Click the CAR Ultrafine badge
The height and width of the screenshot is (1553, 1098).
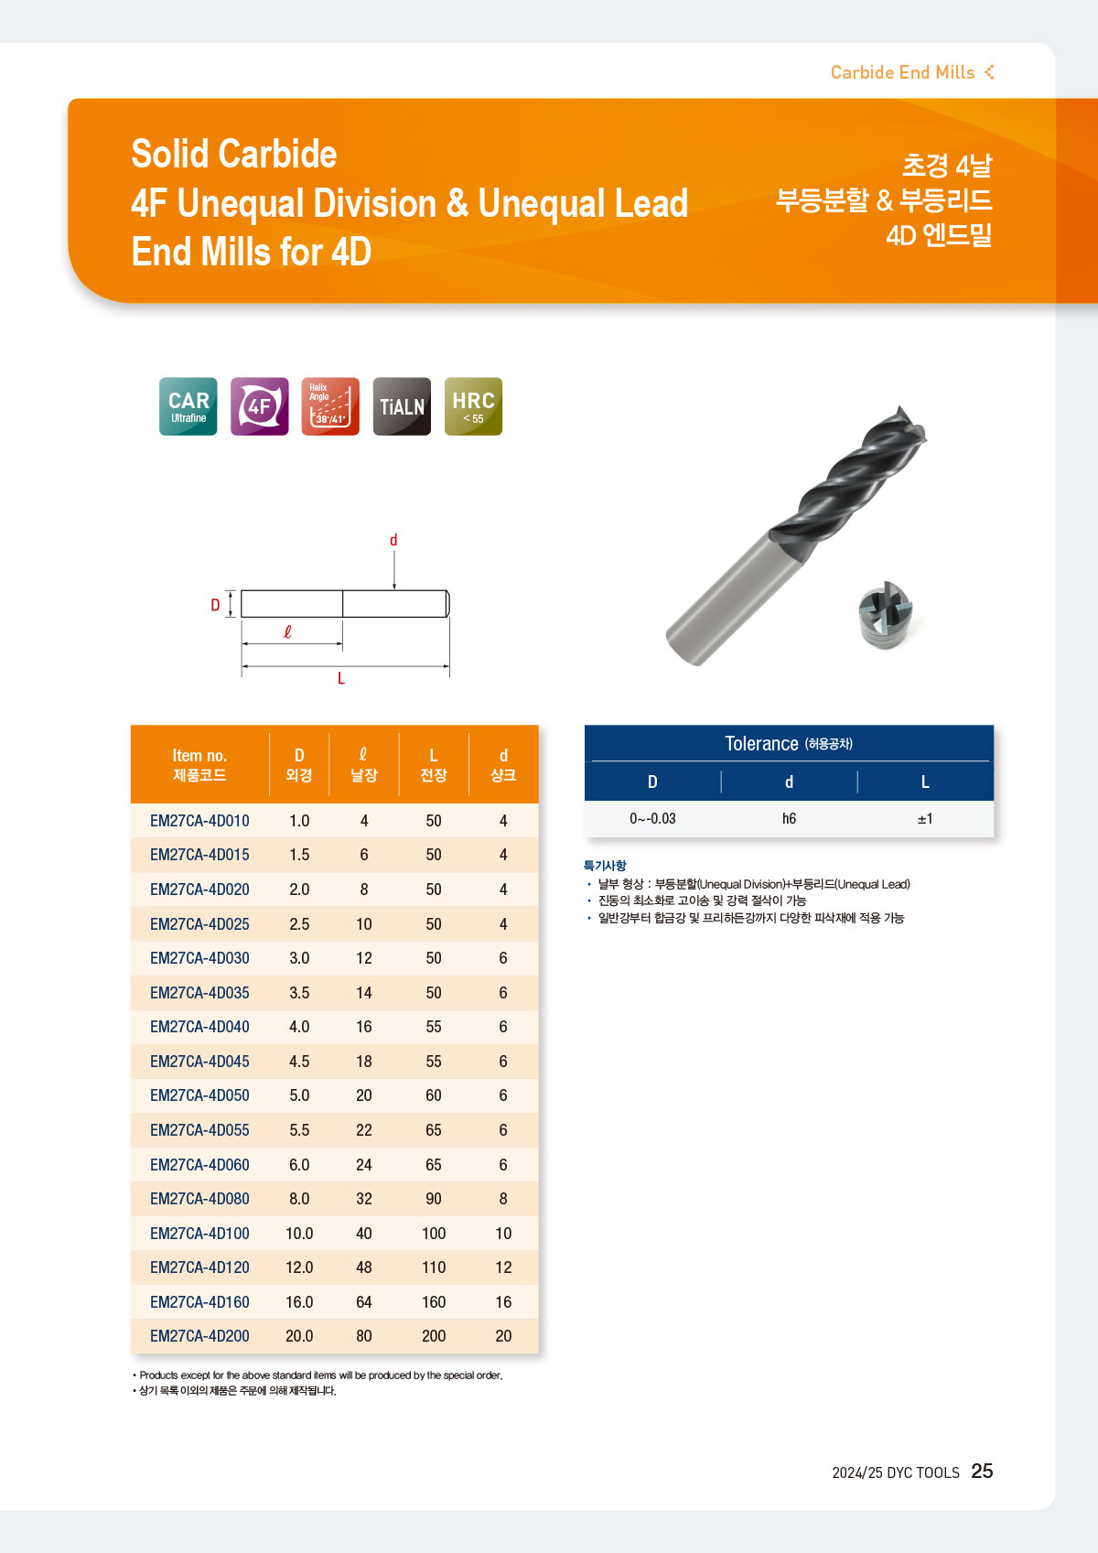pyautogui.click(x=188, y=406)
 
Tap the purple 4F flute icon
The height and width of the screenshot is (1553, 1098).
pyautogui.click(x=259, y=406)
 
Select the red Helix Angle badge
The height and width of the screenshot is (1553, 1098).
pyautogui.click(x=330, y=406)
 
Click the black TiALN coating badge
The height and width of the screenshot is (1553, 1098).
pyautogui.click(x=402, y=406)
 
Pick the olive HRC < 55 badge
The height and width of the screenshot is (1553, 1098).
pyautogui.click(x=473, y=406)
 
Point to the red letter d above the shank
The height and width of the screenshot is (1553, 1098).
pyautogui.click(x=393, y=540)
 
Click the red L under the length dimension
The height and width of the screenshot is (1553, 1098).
pyautogui.click(x=341, y=678)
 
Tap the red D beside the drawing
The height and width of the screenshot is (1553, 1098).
pyautogui.click(x=215, y=605)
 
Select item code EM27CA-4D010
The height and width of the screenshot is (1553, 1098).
pyautogui.click(x=199, y=821)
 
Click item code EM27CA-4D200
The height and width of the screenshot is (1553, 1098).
pyautogui.click(x=199, y=1336)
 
